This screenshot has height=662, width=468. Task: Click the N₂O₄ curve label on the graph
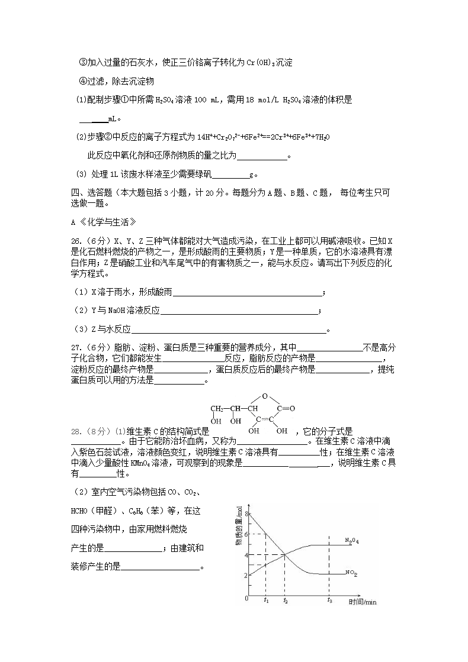(x=352, y=541)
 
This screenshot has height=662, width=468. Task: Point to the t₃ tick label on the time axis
(x=329, y=600)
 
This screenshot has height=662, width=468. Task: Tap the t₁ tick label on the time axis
(x=266, y=600)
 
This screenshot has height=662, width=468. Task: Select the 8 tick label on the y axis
(x=245, y=514)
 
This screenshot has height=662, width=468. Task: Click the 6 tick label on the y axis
(x=245, y=534)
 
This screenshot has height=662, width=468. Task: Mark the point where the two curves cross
(x=285, y=554)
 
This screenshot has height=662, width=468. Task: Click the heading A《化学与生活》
(x=104, y=222)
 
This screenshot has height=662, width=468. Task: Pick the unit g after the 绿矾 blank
(x=252, y=175)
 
